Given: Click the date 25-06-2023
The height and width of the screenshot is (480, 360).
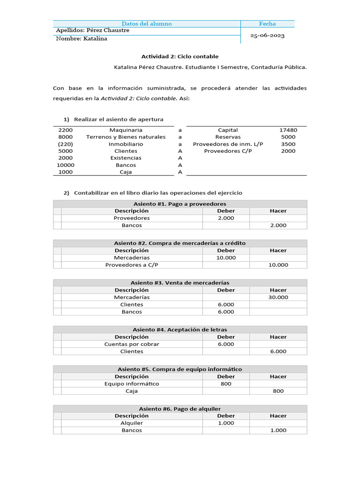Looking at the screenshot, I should pos(267,35).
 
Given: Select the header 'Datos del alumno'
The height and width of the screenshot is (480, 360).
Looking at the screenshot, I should pos(147,23).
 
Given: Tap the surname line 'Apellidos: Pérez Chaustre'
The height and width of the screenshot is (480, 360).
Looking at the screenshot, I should pos(92,30).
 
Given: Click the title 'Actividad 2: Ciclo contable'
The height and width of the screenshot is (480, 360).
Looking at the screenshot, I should pos(180,56).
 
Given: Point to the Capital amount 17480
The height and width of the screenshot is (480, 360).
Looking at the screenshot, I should pos(288,130).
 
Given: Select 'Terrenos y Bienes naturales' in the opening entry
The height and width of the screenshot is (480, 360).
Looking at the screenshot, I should pos(126,137).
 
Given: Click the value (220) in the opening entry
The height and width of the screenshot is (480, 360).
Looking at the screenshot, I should pos(66,144).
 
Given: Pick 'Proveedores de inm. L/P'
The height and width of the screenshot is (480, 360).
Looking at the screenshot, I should pos(228,144).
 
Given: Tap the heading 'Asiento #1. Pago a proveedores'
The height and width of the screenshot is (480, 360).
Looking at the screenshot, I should pos(180,204).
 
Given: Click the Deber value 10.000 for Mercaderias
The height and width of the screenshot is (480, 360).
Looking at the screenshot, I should pos(226,258).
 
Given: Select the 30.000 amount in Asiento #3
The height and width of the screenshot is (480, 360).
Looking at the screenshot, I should pos(278,297).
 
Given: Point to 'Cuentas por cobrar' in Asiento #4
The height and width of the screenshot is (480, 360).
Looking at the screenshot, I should pos(132,344).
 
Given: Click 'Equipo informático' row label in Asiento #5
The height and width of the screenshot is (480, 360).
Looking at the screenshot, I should pos(132,383).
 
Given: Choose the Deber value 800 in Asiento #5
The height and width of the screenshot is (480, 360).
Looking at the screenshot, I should pos(226,383).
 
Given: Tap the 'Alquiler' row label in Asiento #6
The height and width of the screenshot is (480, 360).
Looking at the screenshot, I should pos(132,423).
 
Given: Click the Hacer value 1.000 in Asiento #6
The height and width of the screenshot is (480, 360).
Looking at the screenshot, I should pos(278,430).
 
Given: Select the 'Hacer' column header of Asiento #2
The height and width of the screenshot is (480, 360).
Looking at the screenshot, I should pos(278,250).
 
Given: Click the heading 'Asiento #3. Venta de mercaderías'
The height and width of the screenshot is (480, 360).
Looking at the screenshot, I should pos(180,283).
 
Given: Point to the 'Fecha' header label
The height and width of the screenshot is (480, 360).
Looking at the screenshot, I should pos(267,23).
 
